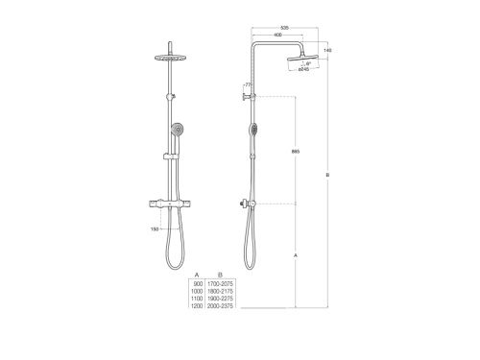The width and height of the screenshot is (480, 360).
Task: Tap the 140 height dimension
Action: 328,49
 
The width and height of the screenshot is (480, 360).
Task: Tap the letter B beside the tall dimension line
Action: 328,175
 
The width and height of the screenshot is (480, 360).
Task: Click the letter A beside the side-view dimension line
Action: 295,254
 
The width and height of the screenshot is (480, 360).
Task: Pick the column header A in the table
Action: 197,276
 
